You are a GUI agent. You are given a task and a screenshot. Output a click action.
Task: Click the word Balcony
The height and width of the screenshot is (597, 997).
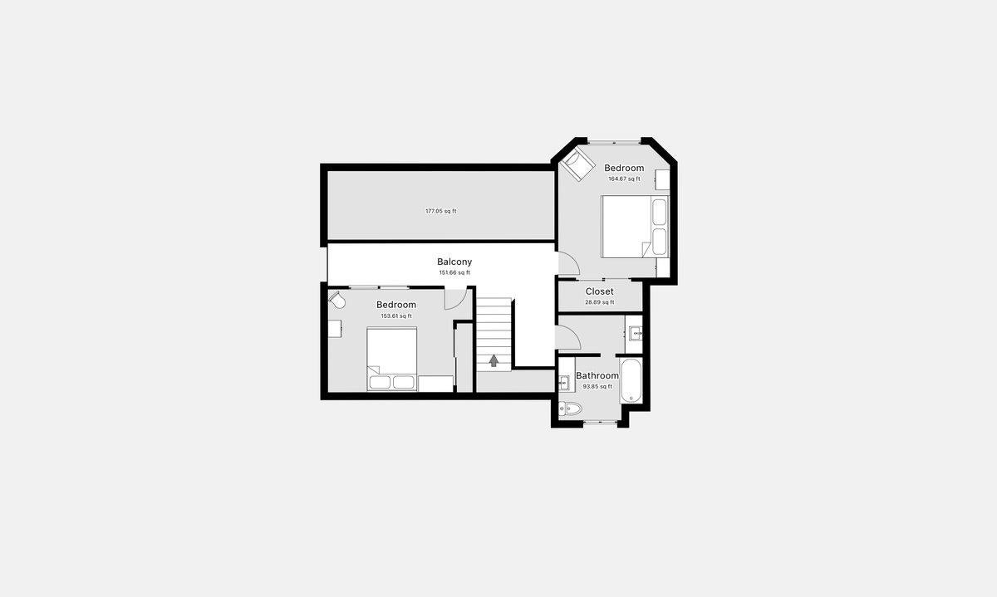454,262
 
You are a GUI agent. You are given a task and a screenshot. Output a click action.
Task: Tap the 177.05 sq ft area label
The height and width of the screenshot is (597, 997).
440,211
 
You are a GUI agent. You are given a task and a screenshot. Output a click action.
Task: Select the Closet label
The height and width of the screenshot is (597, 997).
599,291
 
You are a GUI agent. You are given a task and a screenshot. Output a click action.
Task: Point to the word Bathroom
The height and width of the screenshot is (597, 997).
597,375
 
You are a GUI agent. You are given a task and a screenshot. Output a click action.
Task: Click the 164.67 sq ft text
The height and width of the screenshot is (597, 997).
624,179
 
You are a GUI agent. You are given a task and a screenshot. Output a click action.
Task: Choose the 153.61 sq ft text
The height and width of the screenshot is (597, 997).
396,316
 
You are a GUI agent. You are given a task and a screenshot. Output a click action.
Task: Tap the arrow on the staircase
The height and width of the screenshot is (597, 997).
494,360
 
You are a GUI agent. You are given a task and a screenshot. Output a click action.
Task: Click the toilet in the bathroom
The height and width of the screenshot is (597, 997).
571,408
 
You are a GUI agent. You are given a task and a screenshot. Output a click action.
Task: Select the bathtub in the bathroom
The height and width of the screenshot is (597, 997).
631,380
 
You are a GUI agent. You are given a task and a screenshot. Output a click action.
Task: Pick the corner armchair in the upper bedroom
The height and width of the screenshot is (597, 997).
577,164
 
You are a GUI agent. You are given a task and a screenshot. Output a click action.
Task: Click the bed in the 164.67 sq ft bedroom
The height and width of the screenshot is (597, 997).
633,226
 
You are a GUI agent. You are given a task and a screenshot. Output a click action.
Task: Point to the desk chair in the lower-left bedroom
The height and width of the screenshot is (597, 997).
336,300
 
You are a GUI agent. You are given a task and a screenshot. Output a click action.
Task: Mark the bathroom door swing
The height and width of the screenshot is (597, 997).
567,336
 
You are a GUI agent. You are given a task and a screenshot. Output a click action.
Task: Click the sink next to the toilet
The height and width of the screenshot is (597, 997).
565,382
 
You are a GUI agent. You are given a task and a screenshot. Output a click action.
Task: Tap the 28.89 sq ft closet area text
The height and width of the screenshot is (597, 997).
599,302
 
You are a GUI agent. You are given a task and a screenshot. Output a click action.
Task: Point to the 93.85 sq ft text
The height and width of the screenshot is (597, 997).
597,386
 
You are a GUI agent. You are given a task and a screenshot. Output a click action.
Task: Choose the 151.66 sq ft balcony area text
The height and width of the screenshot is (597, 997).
454,272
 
